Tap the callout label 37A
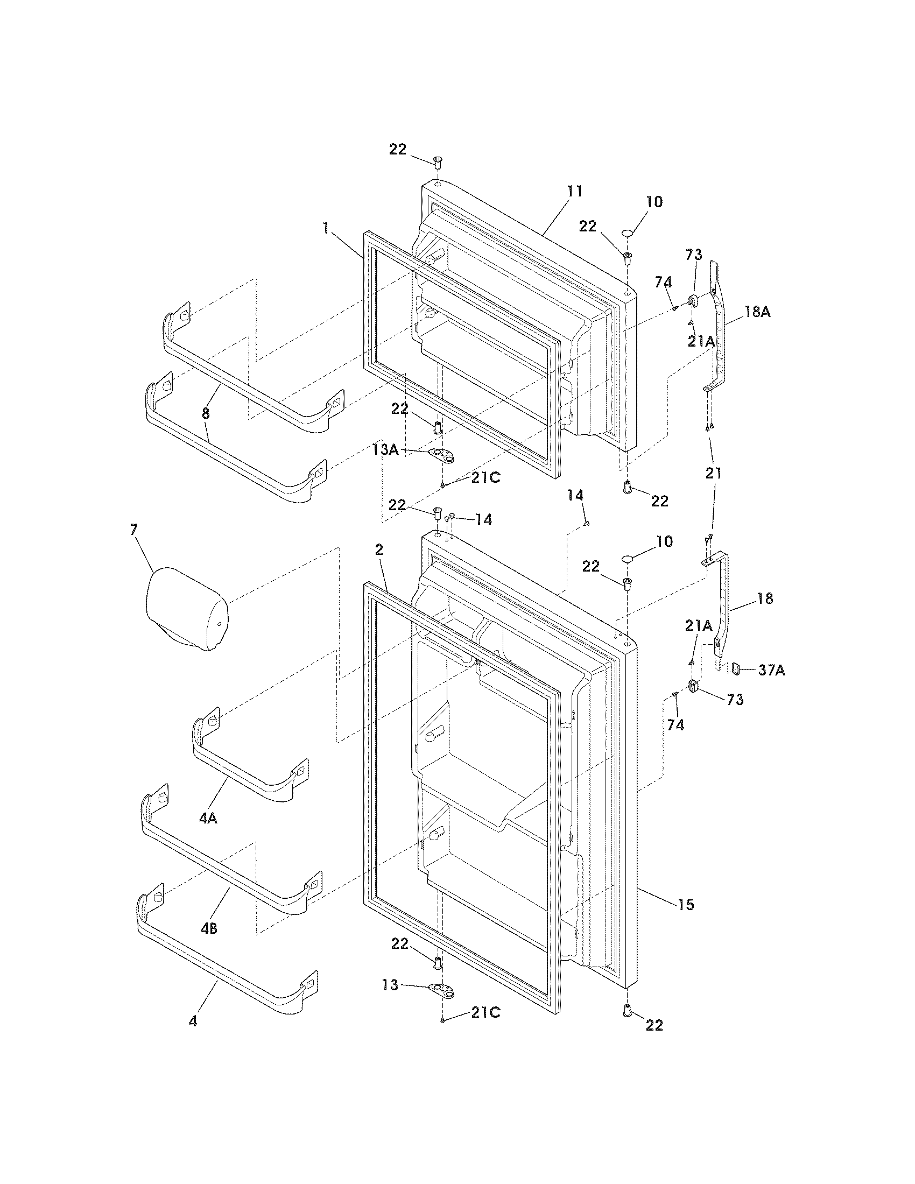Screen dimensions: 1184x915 pyautogui.click(x=771, y=671)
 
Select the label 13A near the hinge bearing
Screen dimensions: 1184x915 pyautogui.click(x=385, y=449)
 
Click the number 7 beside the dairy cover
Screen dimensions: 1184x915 pyautogui.click(x=134, y=530)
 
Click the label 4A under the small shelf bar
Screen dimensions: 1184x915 pyautogui.click(x=208, y=818)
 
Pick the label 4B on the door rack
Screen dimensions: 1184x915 pyautogui.click(x=209, y=929)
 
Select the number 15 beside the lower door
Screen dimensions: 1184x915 pyautogui.click(x=686, y=904)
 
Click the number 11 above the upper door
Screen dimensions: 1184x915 pyautogui.click(x=575, y=191)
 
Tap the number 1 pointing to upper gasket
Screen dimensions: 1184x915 pyautogui.click(x=326, y=229)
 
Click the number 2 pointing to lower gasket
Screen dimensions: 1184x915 pyautogui.click(x=379, y=550)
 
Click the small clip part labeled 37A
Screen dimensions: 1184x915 pyautogui.click(x=735, y=669)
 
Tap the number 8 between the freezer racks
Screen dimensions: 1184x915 pyautogui.click(x=206, y=414)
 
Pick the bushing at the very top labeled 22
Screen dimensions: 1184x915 pyautogui.click(x=438, y=161)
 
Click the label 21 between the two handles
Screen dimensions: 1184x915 pyautogui.click(x=713, y=473)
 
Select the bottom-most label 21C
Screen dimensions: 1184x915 pyautogui.click(x=485, y=1012)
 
